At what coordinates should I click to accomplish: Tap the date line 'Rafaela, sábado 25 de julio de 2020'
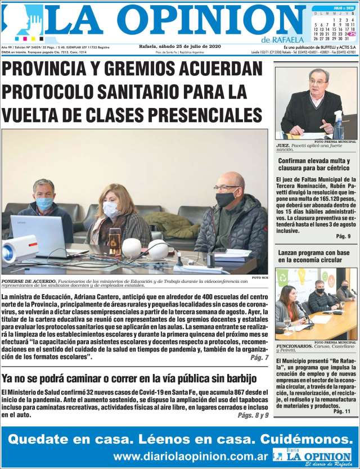(x=179, y=46)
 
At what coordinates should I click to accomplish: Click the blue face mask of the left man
(x=44, y=203)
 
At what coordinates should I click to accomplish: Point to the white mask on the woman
(x=111, y=210)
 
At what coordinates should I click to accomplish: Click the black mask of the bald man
(x=226, y=199)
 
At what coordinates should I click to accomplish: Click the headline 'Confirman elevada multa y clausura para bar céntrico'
(x=314, y=164)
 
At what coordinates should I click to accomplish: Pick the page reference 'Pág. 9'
(x=343, y=236)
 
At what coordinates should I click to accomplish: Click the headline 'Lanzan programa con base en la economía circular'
(x=314, y=256)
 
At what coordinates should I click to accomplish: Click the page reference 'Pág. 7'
(x=259, y=358)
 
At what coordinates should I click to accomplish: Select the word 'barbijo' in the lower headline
(x=241, y=378)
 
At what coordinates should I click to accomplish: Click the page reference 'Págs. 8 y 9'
(x=253, y=415)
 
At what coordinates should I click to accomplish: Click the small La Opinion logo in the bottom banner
(x=313, y=456)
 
